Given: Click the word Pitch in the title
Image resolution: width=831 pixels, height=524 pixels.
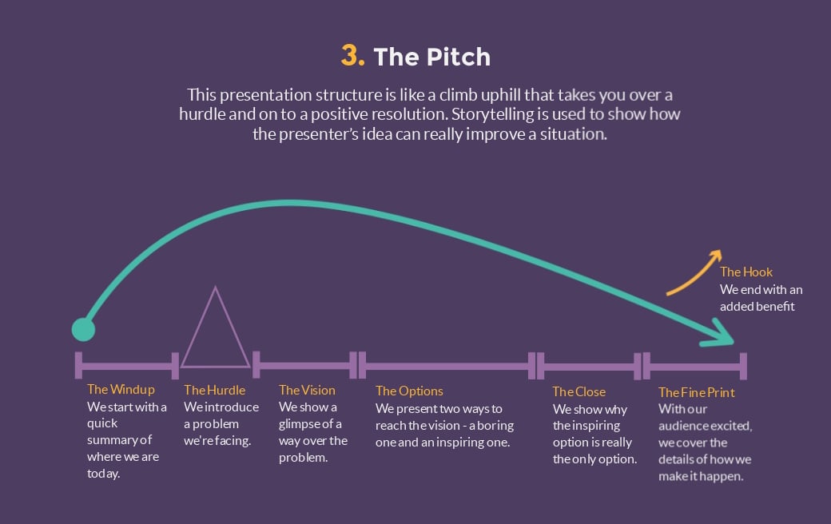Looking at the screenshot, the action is pyautogui.click(x=459, y=57).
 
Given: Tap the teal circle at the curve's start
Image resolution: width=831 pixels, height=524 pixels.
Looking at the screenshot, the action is pyautogui.click(x=83, y=330).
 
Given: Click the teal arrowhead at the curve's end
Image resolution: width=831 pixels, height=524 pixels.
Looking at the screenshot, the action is pyautogui.click(x=718, y=333).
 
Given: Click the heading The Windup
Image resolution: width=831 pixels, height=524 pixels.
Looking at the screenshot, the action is pyautogui.click(x=121, y=390).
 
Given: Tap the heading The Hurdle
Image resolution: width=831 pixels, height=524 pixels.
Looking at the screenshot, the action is pyautogui.click(x=215, y=390).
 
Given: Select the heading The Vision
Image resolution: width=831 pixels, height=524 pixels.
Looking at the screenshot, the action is pyautogui.click(x=307, y=390).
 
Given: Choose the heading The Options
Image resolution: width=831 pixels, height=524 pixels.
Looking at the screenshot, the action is pyautogui.click(x=409, y=391).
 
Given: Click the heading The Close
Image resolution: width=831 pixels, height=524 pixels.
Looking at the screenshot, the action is pyautogui.click(x=579, y=391).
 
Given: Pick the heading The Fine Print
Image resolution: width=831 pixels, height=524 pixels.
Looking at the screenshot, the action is pyautogui.click(x=697, y=393).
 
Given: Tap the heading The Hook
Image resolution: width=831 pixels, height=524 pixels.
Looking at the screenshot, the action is pyautogui.click(x=746, y=272).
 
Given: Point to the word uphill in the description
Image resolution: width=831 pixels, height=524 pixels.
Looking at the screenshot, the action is pyautogui.click(x=501, y=95).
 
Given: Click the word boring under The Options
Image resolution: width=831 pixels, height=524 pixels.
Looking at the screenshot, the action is pyautogui.click(x=495, y=426).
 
